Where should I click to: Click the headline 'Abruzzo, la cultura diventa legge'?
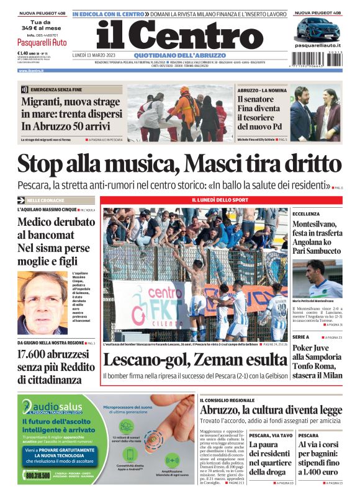click(x=271, y=411)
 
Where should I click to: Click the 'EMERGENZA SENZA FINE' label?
click(x=53, y=90)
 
